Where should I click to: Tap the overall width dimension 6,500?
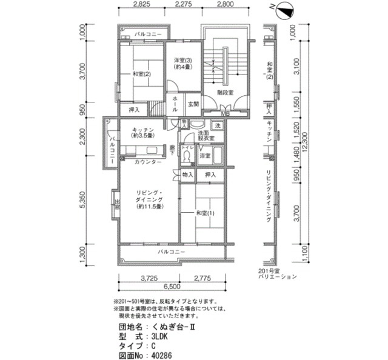coord(172,286)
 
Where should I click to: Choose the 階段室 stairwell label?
coord(227,92)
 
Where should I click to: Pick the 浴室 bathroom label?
coord(205,156)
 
